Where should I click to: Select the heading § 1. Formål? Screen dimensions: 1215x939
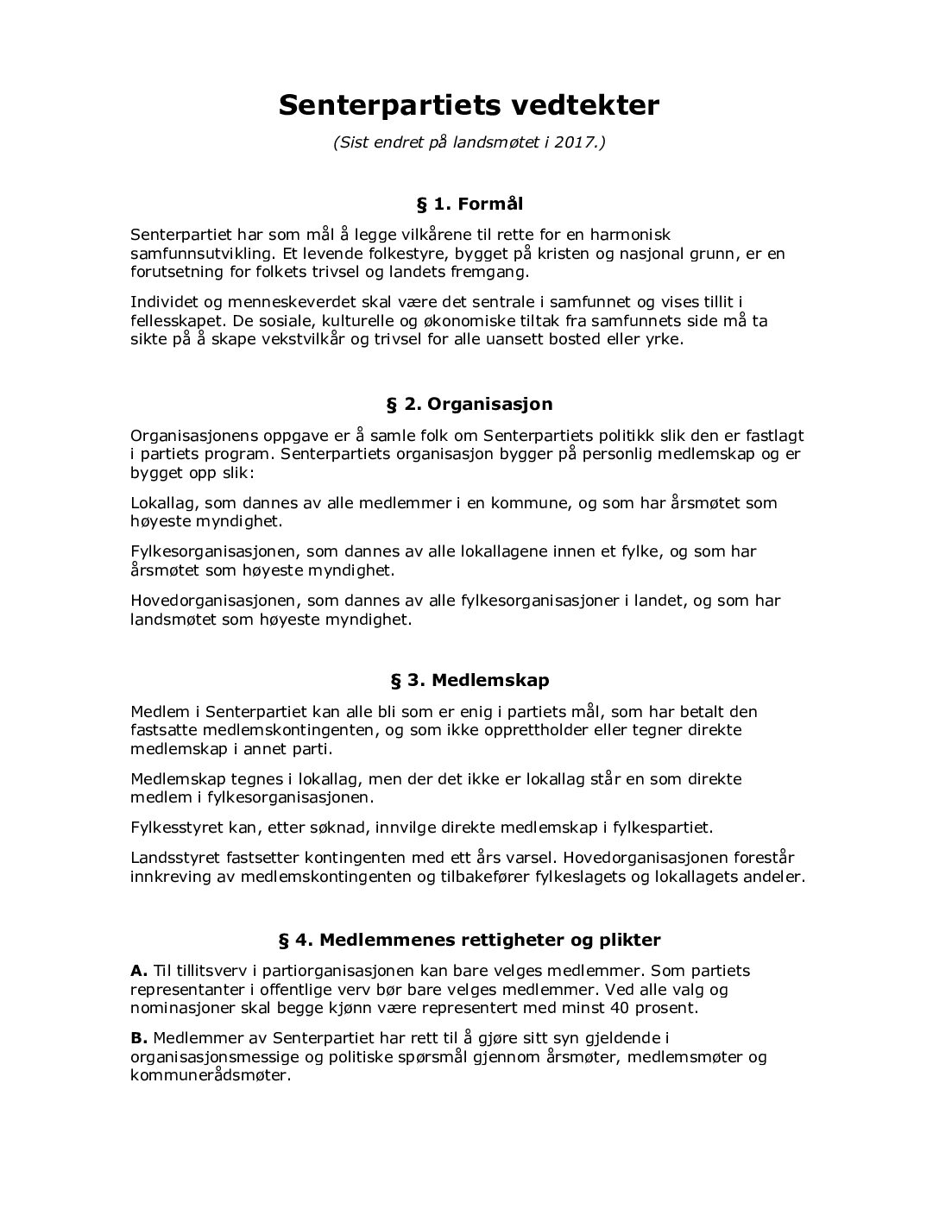coord(469,205)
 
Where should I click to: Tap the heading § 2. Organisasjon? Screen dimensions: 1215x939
coord(469,404)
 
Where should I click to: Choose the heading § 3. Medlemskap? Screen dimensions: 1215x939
coord(469,680)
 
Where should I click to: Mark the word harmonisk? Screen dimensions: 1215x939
coord(629,235)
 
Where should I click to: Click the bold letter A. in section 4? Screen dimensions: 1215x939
coord(139,971)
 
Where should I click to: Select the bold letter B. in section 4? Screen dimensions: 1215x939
coord(139,1037)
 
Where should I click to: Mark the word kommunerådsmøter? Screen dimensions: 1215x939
coord(211,1076)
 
